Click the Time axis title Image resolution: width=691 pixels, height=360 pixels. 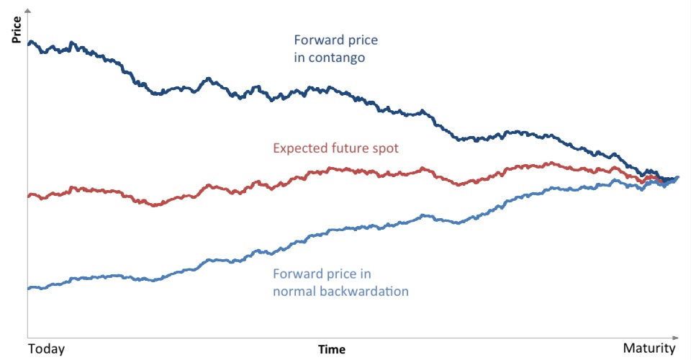pos(332,350)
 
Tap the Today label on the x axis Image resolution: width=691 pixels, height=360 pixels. pos(47,349)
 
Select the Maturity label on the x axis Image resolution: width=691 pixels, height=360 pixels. pos(649,349)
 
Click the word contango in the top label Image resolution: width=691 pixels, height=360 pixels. pos(335,57)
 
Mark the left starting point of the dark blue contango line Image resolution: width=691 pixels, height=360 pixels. pos(29,43)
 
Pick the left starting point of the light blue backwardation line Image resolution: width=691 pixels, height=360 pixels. pos(29,288)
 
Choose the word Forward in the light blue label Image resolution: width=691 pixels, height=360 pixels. pos(296,274)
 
